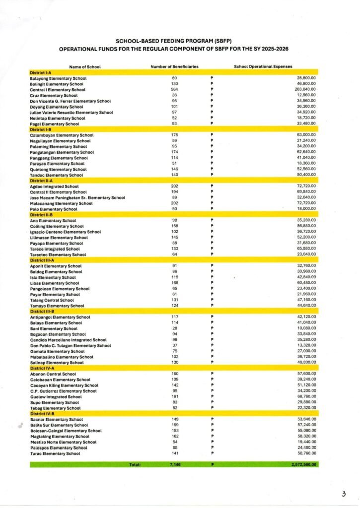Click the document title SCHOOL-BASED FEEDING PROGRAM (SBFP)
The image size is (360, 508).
tap(174, 41)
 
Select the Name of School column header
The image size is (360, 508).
tap(85, 66)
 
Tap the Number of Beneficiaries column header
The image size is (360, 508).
tap(174, 66)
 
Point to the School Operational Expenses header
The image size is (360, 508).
tap(263, 66)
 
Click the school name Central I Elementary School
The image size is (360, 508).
tap(58, 90)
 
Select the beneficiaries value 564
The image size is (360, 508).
tap(174, 90)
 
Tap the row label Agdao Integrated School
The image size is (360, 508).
tap(54, 187)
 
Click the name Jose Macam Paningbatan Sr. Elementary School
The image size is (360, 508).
tap(77, 198)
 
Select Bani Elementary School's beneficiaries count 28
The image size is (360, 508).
tap(174, 328)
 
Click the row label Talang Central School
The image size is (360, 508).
tap(52, 300)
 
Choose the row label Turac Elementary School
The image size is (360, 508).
tap(55, 453)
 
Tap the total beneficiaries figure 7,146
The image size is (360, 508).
tap(174, 465)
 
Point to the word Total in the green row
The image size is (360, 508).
tap(135, 465)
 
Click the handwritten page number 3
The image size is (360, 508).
tap(343, 494)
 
